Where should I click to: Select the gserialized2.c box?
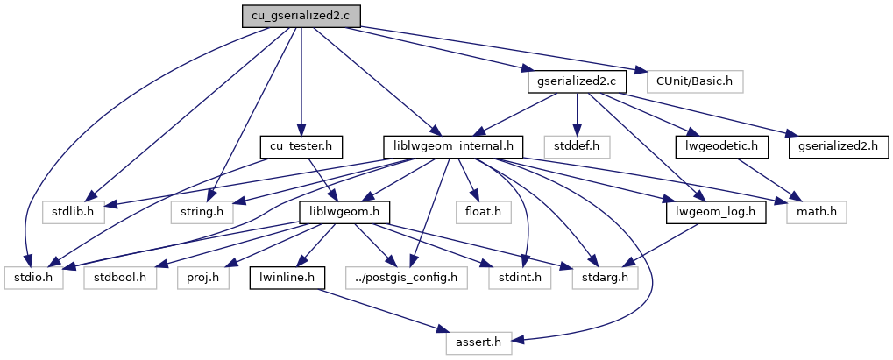[x=577, y=81]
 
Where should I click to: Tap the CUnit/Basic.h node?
[x=694, y=81]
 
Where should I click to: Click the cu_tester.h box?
[x=301, y=146]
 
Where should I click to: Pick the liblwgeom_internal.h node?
[x=454, y=146]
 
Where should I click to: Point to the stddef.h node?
[x=577, y=146]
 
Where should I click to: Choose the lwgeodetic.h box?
[x=721, y=146]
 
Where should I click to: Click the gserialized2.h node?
[x=839, y=146]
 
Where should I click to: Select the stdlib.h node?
[x=73, y=212]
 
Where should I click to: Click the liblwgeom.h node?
[x=344, y=212]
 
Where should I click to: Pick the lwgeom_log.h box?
[x=715, y=212]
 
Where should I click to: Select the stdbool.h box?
[x=119, y=278]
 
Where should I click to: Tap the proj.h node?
[x=203, y=278]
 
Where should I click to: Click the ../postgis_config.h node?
[x=407, y=278]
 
